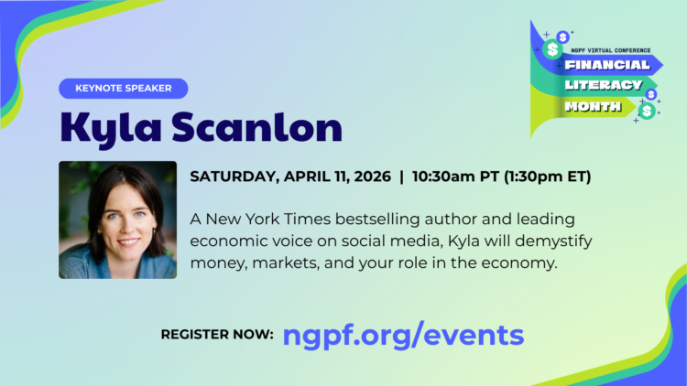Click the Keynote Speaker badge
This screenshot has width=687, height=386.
(123, 89)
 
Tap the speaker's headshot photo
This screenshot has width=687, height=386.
(117, 220)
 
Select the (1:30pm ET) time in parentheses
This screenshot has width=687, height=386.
(544, 177)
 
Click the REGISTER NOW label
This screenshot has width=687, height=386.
(217, 335)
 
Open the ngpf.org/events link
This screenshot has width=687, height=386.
(403, 334)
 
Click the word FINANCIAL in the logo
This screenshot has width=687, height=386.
(607, 66)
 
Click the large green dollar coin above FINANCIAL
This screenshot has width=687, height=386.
(552, 50)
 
